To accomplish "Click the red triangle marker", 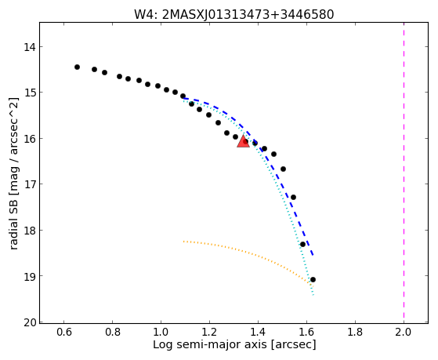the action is [243, 142].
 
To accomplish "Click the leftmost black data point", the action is [77, 67].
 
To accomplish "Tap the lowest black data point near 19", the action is [313, 279].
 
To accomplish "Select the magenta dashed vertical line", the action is [404, 173].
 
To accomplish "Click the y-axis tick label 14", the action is [30, 47].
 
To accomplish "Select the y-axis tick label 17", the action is [30, 184].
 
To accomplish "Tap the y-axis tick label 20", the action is [30, 322].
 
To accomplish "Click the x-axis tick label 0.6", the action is [63, 332].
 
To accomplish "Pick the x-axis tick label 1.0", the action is [161, 332].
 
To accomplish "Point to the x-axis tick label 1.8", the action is [355, 332].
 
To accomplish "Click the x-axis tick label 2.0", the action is [404, 332].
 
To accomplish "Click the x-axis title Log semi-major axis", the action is [209, 344].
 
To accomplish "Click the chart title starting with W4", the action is [233, 14].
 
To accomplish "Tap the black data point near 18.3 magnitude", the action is [302, 244].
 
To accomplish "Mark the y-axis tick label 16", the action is [30, 139].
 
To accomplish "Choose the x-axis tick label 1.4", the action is [258, 332].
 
